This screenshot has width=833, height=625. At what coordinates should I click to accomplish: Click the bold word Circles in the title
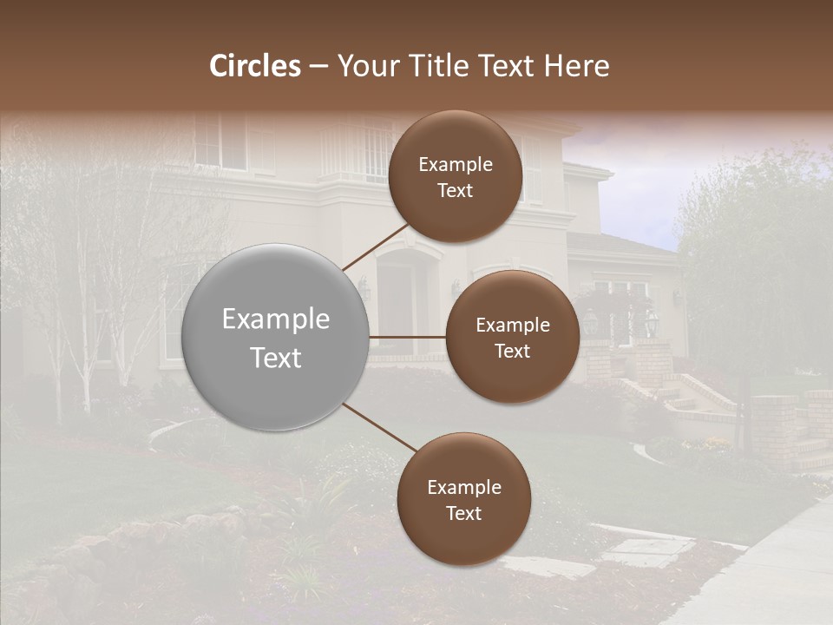[254, 66]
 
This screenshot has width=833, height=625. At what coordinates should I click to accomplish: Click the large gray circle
[276, 338]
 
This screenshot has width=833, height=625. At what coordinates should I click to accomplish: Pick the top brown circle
[456, 176]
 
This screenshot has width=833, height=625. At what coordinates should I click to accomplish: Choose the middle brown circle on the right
[512, 337]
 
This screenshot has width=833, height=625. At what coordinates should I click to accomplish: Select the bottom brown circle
[463, 499]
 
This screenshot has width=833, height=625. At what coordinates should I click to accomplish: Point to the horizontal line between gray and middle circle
[408, 337]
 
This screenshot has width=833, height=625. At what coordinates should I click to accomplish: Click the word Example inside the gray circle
[276, 319]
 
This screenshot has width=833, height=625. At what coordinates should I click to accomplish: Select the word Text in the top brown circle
[456, 190]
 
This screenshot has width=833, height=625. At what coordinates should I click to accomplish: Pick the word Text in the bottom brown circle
[463, 513]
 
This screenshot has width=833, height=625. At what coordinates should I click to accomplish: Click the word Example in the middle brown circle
[512, 325]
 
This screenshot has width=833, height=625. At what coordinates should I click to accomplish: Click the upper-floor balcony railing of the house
[360, 156]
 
